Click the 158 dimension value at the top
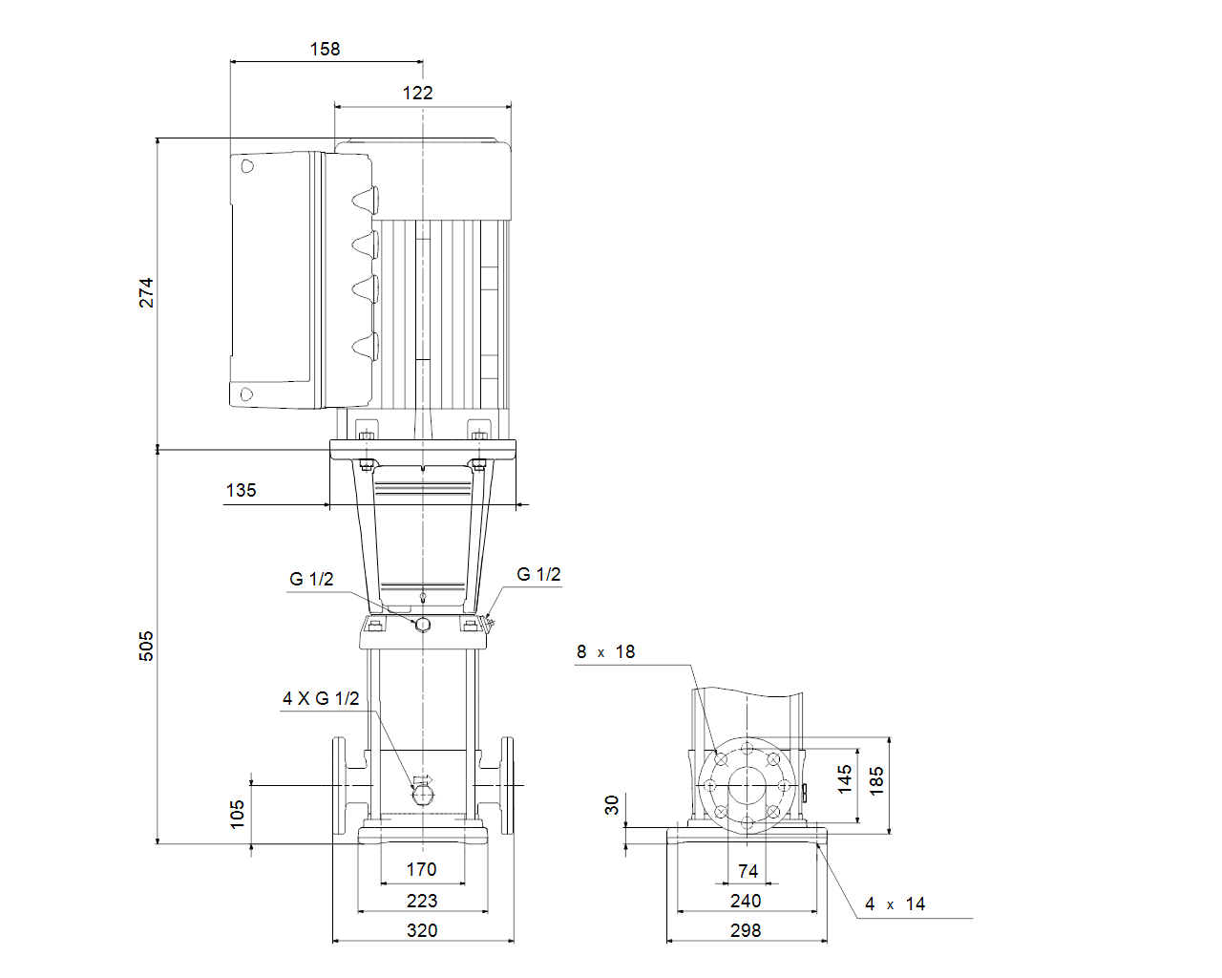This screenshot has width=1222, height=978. pyautogui.click(x=325, y=49)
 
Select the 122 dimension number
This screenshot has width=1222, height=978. pyautogui.click(x=417, y=93)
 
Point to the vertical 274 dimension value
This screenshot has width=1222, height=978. pyautogui.click(x=146, y=292)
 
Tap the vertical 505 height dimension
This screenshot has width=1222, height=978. pyautogui.click(x=146, y=646)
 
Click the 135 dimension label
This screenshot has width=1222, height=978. pyautogui.click(x=241, y=490)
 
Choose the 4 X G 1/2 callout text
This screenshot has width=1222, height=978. pyautogui.click(x=321, y=698)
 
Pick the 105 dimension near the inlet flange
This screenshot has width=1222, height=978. pyautogui.click(x=237, y=815)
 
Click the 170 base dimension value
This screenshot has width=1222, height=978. pyautogui.click(x=421, y=869)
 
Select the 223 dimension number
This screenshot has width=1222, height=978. pyautogui.click(x=422, y=900)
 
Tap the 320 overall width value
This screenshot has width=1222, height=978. pyautogui.click(x=422, y=930)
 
